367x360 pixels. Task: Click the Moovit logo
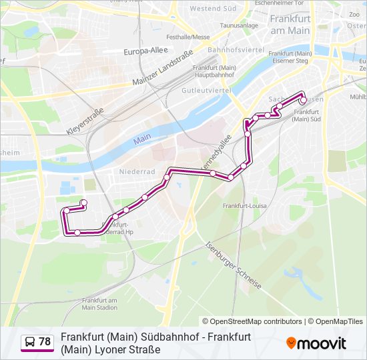[316, 343]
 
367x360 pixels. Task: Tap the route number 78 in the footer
[45, 342]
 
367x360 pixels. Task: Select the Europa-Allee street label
[145, 51]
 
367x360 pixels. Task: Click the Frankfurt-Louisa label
[245, 206]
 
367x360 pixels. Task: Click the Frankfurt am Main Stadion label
[99, 304]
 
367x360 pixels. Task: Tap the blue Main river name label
[141, 140]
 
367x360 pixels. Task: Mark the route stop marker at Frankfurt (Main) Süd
[303, 101]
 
